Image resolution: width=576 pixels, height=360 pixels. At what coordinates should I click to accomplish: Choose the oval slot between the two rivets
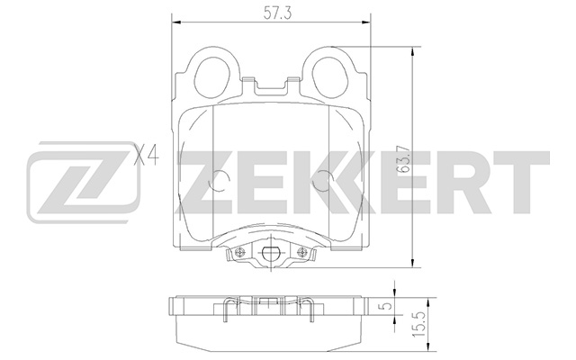click(x=269, y=256)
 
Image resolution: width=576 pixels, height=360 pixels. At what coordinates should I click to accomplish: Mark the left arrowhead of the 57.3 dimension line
click(x=174, y=22)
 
